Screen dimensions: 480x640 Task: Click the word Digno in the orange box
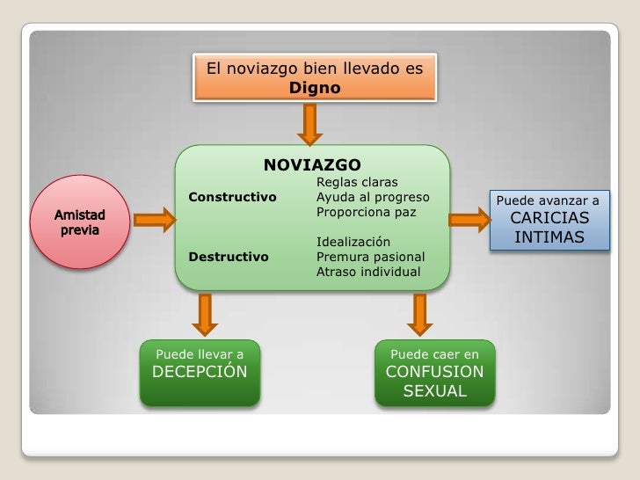pos(315,88)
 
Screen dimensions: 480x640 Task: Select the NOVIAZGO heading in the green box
pos(312,164)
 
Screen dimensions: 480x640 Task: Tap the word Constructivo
pos(232,196)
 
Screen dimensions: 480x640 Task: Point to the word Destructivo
pos(229,257)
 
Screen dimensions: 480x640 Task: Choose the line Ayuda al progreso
pos(373,196)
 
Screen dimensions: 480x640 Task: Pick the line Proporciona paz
pos(367,212)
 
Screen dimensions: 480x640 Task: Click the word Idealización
pos(353,242)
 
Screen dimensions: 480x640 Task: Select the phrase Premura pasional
pos(370,257)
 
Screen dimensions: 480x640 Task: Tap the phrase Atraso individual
pos(368,272)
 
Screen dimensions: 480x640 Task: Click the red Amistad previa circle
pos(80,222)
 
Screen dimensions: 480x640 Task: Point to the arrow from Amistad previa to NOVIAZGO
pos(155,219)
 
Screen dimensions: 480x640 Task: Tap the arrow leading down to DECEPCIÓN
pos(205,314)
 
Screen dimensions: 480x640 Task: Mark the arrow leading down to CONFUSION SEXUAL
pos(419,314)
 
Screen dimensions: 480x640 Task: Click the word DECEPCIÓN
pos(200,372)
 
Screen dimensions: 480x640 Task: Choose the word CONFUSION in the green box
pos(434,372)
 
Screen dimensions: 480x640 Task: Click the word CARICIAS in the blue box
pos(549,218)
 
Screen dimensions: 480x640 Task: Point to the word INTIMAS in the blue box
pos(549,237)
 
